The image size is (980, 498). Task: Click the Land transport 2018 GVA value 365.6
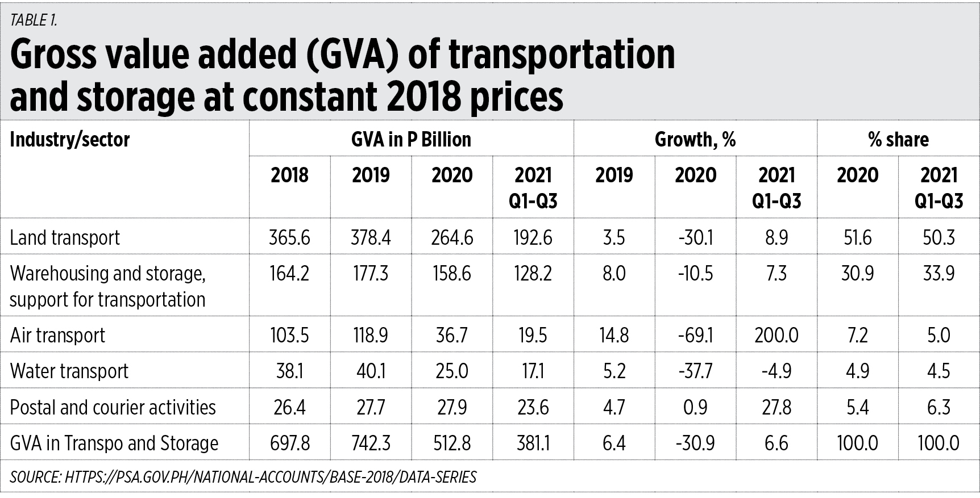(x=289, y=237)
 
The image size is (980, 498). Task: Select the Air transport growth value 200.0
(x=776, y=336)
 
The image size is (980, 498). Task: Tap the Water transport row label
(x=69, y=371)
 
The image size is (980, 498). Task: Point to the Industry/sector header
(x=70, y=140)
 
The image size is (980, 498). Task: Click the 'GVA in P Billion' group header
(x=411, y=140)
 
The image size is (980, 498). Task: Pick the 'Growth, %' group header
(x=695, y=140)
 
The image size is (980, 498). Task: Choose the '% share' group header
(x=898, y=140)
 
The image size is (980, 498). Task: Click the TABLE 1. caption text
(x=34, y=20)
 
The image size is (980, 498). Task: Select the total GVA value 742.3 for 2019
(x=371, y=443)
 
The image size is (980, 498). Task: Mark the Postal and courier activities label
(x=113, y=408)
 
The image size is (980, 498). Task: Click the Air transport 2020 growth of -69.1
(x=695, y=336)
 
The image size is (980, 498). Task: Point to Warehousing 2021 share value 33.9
(x=939, y=274)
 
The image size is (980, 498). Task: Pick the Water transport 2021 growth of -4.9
(x=776, y=371)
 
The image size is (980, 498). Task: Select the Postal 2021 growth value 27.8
(x=776, y=408)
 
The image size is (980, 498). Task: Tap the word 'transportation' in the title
(x=562, y=55)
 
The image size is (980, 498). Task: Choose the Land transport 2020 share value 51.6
(x=857, y=237)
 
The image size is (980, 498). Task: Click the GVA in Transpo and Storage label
(x=114, y=443)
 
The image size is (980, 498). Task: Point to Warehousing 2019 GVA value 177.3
(x=371, y=274)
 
